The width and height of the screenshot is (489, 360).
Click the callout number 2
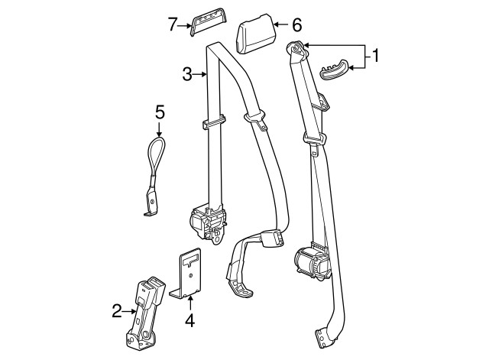pos(117,310)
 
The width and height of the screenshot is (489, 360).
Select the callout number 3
pos(186,74)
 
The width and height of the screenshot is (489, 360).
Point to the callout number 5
pos(160,112)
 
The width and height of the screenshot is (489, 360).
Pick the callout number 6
pos(297,24)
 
